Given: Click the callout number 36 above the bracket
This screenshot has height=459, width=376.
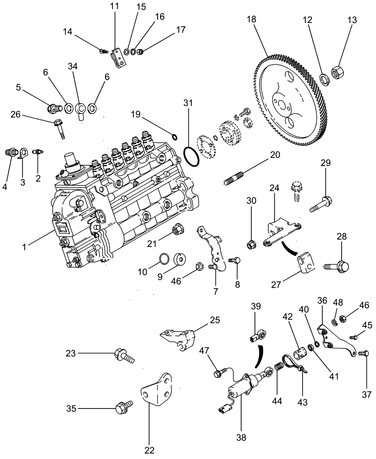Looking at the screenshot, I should click(x=322, y=301).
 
